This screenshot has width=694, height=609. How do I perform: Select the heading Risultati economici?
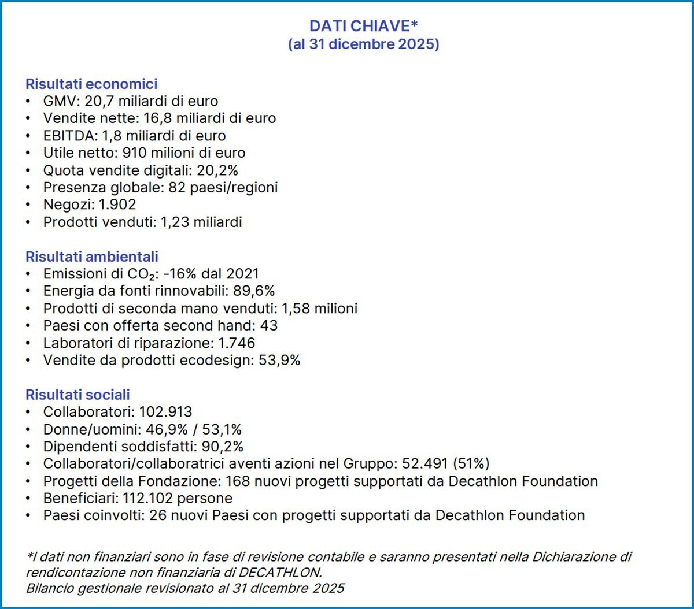point(91,84)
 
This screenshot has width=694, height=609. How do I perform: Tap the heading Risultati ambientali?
point(91,257)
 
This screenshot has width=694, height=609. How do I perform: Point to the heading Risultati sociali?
point(77,395)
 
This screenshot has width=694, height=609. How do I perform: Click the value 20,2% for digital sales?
point(218,170)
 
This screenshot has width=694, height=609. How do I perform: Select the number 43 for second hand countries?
point(269,325)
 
